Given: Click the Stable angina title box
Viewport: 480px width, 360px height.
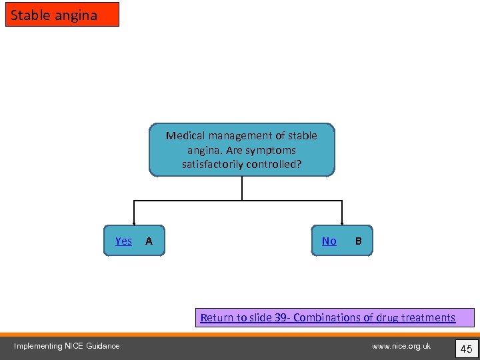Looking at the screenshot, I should (x=62, y=15).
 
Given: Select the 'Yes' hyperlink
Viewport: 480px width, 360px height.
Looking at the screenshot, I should (x=123, y=241).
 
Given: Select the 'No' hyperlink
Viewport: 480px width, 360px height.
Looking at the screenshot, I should (x=329, y=241).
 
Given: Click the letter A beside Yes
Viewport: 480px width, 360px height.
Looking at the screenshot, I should (x=149, y=241).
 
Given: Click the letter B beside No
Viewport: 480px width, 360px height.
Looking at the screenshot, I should (x=359, y=241).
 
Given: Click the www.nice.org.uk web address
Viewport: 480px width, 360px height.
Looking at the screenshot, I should (x=401, y=345).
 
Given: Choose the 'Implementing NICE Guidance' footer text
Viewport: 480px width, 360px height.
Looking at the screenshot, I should (x=67, y=345).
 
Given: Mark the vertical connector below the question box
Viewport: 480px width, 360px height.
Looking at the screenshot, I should (x=242, y=188).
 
